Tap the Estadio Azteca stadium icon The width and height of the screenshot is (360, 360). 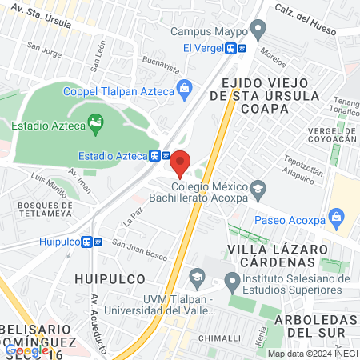(96, 122)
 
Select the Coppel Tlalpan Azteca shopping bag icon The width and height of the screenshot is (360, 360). (185, 87)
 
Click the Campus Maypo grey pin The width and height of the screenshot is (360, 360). (257, 32)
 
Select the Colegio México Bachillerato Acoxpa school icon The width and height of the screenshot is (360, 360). (258, 189)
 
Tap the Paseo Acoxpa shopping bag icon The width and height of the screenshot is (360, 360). (336, 216)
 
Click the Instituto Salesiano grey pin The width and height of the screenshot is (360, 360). (232, 279)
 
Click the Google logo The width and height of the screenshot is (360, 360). (26, 350)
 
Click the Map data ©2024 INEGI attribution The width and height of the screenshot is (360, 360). (311, 353)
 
